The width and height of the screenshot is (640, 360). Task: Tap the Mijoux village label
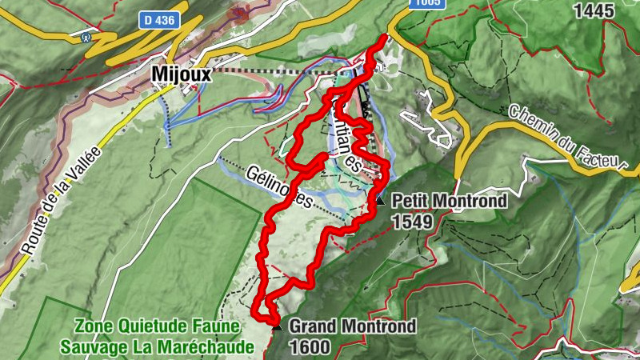click(182, 75)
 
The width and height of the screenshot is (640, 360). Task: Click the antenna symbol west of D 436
click(85, 36)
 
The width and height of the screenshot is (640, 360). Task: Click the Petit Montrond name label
click(449, 201)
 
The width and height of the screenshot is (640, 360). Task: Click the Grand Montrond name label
click(352, 326)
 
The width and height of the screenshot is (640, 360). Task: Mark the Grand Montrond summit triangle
click(277, 326)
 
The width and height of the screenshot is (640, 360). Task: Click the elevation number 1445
click(594, 11)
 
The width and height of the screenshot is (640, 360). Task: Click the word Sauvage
click(90, 346)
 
